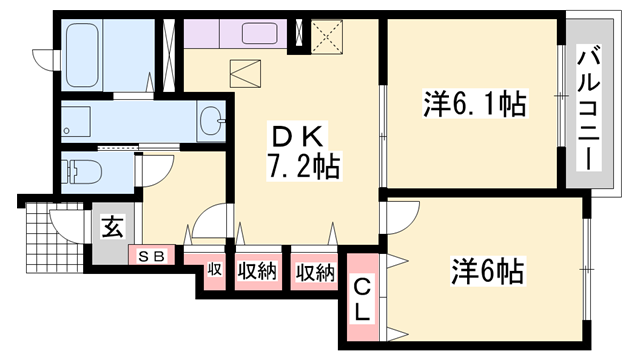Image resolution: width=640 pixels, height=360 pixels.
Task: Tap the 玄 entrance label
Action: pos(111,227)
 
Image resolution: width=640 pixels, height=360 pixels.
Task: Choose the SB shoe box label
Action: pos(153,255)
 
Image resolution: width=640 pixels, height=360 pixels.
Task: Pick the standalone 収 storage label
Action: pos(214,270)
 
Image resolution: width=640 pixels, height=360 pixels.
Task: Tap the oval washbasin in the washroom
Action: pos(212,122)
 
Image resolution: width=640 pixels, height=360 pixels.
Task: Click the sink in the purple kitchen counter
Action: pos(260,32)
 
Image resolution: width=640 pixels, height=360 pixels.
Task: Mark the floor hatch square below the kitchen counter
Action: pos(244,75)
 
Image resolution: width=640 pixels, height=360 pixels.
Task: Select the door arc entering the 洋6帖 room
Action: pos(402,217)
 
